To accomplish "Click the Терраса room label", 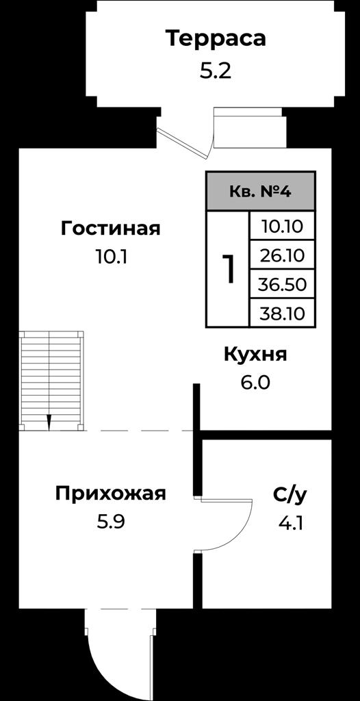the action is (216, 38).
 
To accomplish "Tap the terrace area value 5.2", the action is (216, 71).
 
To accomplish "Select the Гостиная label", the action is (110, 229).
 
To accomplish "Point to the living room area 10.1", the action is (112, 257).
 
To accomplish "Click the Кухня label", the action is (255, 355).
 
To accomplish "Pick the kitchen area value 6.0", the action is (255, 383).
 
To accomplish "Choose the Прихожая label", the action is (110, 494).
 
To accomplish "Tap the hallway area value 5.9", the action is (110, 522).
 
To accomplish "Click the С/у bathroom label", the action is (291, 495).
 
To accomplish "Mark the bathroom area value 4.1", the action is (291, 522).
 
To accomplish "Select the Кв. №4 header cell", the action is (261, 192).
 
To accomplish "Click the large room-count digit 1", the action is (228, 270).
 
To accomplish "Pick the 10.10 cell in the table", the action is (282, 227).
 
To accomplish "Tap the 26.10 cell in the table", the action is (282, 255).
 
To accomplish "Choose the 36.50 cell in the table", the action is (282, 284).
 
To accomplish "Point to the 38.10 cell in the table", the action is (282, 313).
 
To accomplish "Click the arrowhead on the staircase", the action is (49, 422).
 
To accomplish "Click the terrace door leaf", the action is (183, 143).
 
